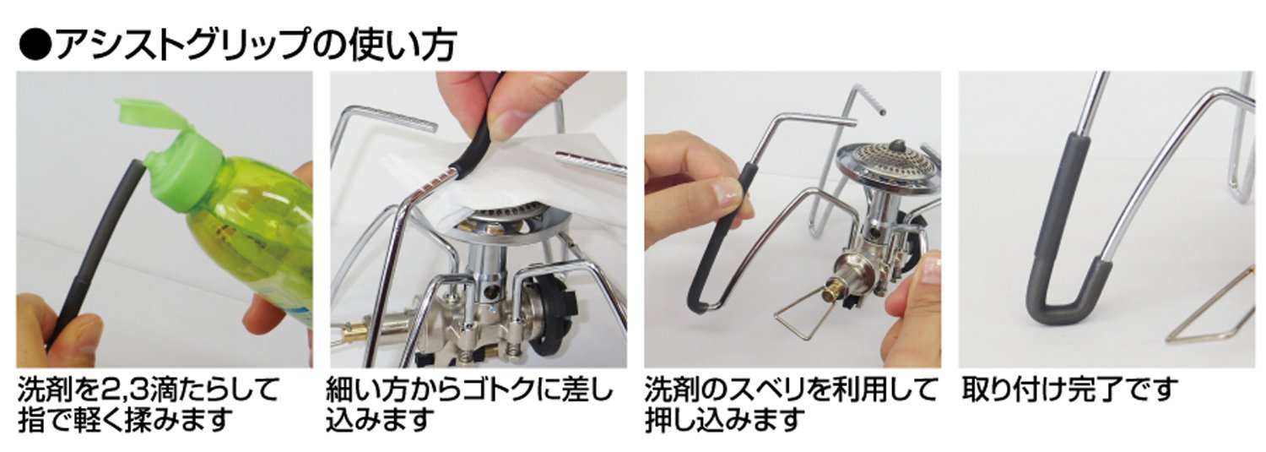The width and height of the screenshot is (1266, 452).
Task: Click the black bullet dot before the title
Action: tap(35, 46)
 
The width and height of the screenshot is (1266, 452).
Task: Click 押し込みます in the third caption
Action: tap(724, 420)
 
